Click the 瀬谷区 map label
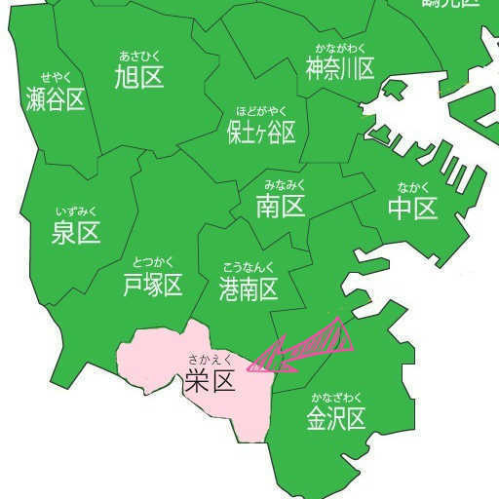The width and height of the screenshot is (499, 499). click(56, 99)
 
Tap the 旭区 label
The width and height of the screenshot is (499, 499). click(138, 77)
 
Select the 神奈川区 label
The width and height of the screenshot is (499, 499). click(340, 69)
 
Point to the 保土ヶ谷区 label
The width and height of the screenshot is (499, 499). click(261, 133)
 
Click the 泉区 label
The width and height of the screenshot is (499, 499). click(76, 233)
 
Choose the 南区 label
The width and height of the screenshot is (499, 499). click(281, 207)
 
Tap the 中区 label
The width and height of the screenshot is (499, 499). click(412, 209)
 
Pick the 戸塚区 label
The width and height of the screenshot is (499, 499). click(153, 286)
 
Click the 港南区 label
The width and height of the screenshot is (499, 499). click(249, 288)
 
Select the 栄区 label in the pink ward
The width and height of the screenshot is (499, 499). click(211, 381)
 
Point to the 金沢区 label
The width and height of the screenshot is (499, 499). click(336, 419)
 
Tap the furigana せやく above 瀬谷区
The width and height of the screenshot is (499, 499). click(56, 77)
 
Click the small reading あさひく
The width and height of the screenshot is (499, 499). click(138, 55)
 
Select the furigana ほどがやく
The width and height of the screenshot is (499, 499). click(261, 111)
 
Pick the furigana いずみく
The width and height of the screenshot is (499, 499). click(76, 211)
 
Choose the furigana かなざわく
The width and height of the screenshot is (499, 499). click(336, 398)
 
